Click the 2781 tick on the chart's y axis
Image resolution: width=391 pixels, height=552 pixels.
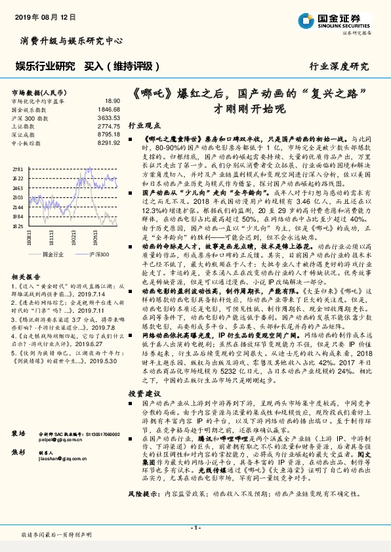point(18,168)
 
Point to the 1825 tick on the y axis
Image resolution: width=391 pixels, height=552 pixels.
point(18,225)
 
